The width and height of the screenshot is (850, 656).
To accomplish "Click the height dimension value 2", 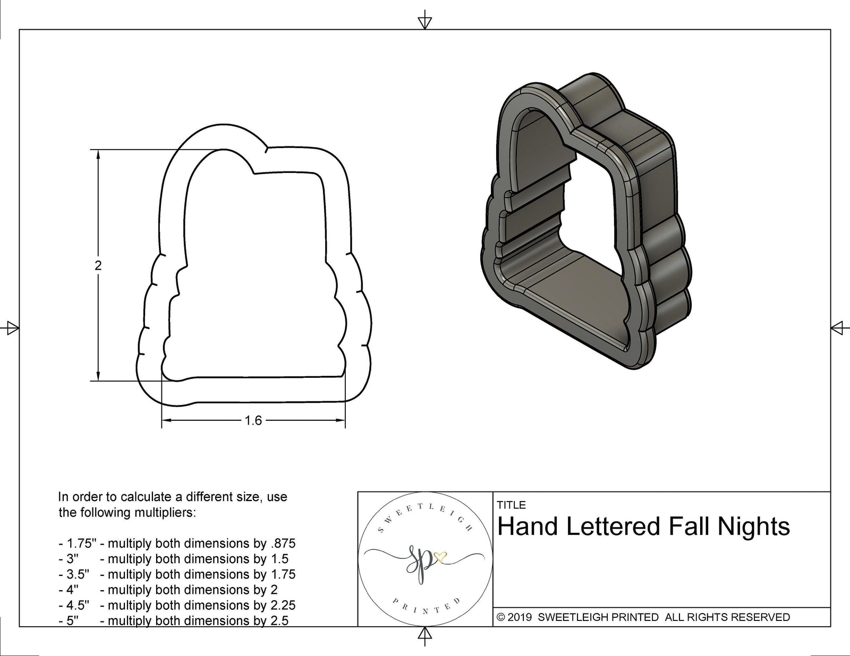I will pos(98,265).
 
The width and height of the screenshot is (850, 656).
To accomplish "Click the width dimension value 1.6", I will pos(253,421).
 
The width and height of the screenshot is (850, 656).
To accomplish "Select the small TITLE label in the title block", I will pos(511,505).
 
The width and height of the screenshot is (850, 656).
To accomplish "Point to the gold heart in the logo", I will pos(440,556).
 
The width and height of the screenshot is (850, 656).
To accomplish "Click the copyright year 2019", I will pos(521,617).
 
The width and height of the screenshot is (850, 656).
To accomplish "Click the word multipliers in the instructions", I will pos(159,513).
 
